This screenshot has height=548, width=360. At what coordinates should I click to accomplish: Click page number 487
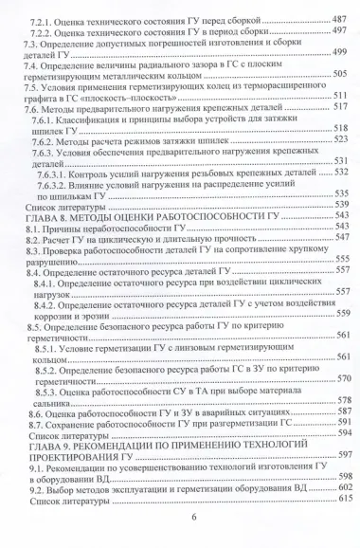pos(339,19)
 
